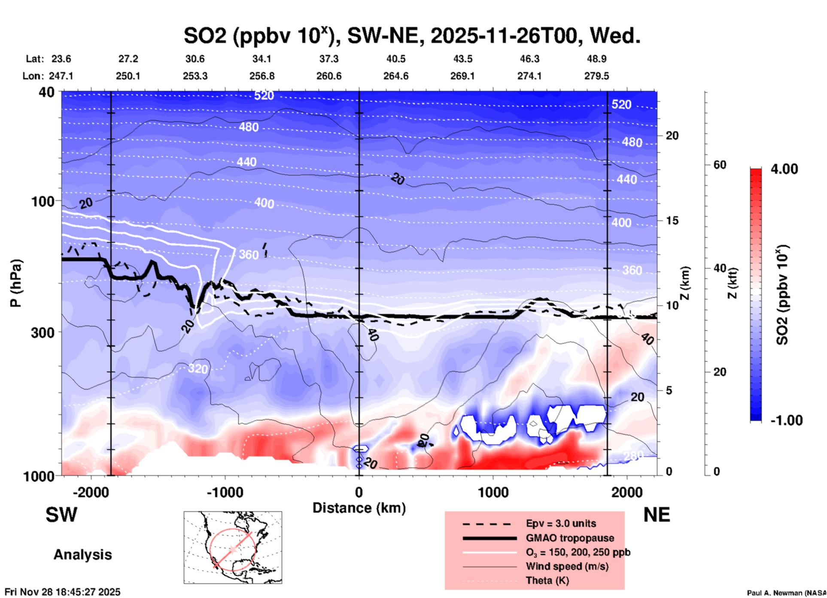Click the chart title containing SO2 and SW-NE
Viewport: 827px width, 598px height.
point(412,35)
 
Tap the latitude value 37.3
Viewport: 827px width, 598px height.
point(329,59)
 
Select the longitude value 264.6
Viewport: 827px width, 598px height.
point(396,76)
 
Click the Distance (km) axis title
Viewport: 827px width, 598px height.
point(359,508)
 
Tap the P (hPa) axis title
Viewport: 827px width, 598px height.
point(16,283)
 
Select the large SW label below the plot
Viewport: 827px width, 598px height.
point(61,515)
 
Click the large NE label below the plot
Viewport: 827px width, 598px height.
point(657,515)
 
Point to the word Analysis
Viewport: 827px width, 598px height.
point(82,555)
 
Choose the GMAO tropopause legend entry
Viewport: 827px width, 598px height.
point(570,538)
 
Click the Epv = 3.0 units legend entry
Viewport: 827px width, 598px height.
point(561,523)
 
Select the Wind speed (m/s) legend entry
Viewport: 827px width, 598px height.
point(567,566)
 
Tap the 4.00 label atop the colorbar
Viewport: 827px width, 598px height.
point(784,169)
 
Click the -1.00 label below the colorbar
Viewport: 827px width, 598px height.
point(786,420)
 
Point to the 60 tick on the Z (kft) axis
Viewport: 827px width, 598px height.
point(719,165)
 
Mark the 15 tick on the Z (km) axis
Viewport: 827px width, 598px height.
point(672,220)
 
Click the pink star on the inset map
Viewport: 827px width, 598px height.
point(233,549)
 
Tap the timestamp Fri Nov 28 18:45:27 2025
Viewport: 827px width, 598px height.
point(63,592)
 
